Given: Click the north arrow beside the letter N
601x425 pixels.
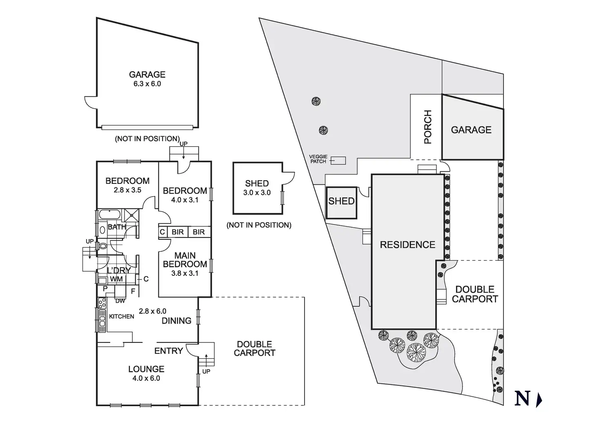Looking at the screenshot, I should [539, 399].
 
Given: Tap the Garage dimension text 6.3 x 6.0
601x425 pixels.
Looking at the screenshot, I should [147, 84].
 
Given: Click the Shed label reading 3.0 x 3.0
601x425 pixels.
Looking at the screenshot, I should [257, 192].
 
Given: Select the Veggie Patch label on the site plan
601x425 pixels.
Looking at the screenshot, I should [318, 159].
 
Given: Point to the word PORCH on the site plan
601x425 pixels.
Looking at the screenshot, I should [427, 127].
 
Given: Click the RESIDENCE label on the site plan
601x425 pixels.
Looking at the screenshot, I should [407, 245].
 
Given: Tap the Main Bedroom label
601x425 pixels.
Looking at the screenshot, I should [185, 260].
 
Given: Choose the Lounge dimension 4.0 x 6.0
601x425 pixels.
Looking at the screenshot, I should [146, 378].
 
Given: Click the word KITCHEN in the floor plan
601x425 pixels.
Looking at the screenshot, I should [122, 316].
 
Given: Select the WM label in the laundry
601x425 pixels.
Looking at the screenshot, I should [116, 279].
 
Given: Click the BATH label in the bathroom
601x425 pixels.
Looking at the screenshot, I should [116, 227].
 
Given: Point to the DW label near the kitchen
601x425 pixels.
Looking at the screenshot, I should [120, 301].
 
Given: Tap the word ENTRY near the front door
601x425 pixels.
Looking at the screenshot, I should [168, 351].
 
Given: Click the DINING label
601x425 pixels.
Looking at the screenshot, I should [176, 321].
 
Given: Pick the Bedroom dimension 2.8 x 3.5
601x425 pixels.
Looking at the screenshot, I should [127, 190].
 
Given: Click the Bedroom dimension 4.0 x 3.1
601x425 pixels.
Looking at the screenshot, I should [185, 200].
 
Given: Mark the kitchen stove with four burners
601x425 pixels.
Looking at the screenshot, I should [102, 303].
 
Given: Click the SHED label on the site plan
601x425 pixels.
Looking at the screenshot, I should [341, 201].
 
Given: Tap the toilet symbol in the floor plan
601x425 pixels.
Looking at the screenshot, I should [102, 246].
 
